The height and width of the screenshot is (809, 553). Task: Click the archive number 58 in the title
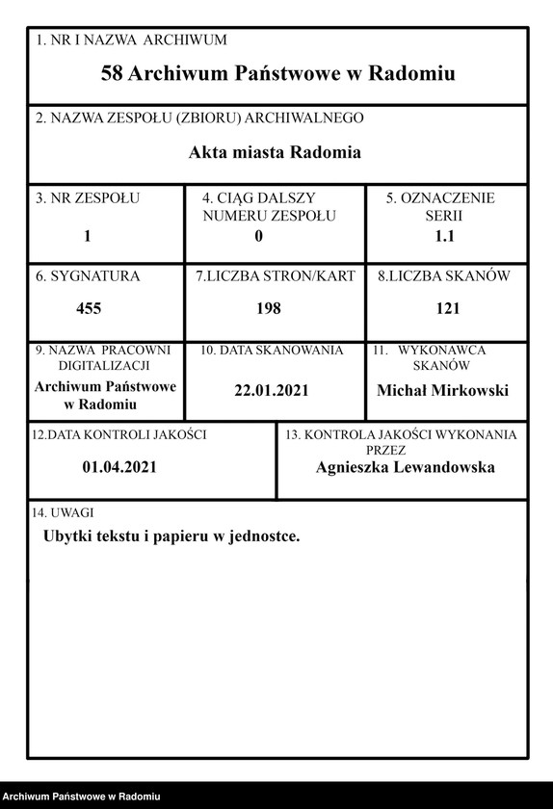112,73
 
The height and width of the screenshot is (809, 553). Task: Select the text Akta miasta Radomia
275,152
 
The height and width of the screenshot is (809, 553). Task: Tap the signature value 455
89,308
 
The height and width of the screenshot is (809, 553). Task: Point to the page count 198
269,308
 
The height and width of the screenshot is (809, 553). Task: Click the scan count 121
447,308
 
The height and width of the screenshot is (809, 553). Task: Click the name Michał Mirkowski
442,390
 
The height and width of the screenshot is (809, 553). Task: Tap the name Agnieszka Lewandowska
405,467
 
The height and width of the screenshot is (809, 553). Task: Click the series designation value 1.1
445,235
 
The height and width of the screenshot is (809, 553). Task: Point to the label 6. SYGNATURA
88,276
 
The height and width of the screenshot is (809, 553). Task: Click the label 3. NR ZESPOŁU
88,199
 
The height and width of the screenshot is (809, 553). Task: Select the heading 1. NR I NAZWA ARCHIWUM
131,40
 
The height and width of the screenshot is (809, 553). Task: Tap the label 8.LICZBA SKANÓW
444,276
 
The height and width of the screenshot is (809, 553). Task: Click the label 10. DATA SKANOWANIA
272,351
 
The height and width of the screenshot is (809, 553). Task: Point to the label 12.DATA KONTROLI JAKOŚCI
119,435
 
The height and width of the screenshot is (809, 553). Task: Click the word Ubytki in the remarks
68,535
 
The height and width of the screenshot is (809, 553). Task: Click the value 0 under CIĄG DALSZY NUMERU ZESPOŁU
259,235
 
